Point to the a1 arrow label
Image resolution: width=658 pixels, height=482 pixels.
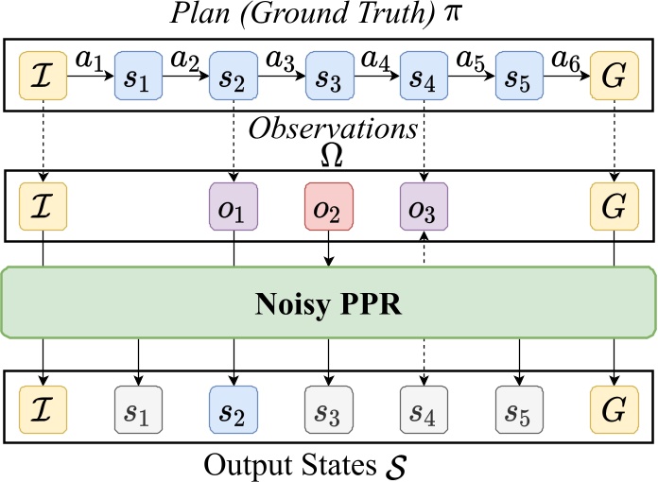click(x=90, y=59)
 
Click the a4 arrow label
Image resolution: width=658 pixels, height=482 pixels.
click(x=375, y=59)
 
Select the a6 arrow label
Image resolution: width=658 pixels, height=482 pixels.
click(x=565, y=59)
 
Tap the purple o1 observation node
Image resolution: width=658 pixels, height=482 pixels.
click(x=234, y=207)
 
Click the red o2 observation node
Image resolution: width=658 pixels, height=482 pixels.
click(x=328, y=207)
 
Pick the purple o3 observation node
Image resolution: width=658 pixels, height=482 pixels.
click(x=423, y=207)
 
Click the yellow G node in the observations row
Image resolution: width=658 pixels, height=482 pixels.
click(x=614, y=207)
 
